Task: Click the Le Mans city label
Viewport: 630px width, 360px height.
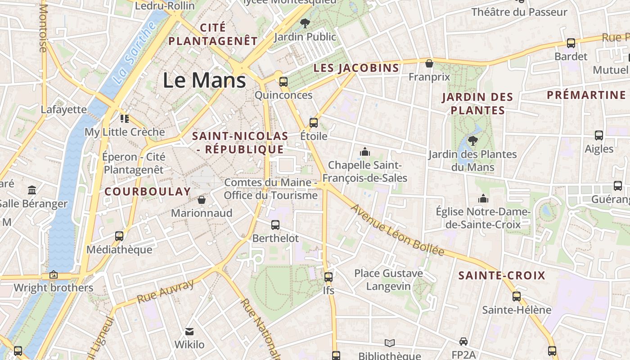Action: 204,81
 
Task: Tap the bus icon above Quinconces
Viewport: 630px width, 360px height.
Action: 283,81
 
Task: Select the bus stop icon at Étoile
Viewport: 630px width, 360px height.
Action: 314,122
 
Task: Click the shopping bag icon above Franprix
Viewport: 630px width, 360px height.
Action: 429,63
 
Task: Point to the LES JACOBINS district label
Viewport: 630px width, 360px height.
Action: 356,68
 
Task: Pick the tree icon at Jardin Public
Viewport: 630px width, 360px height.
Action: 305,23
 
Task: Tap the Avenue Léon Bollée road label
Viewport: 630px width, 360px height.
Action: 397,230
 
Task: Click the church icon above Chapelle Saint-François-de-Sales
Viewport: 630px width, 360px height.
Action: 365,152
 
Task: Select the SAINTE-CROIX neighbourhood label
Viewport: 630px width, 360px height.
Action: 502,275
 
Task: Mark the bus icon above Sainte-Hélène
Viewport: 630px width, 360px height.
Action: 517,297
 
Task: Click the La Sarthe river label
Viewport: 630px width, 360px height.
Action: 133,53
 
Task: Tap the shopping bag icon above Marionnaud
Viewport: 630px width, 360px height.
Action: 202,199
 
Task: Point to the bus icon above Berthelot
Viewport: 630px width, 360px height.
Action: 275,225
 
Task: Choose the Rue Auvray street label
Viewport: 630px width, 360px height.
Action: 165,291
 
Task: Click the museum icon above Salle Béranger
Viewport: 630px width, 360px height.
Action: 32,190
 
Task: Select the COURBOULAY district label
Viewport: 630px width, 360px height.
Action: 148,191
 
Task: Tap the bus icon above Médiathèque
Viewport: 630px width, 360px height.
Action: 119,236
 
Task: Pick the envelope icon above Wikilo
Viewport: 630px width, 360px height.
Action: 189,332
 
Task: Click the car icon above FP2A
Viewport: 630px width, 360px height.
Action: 463,342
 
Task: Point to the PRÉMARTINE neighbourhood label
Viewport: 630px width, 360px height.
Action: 586,95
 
